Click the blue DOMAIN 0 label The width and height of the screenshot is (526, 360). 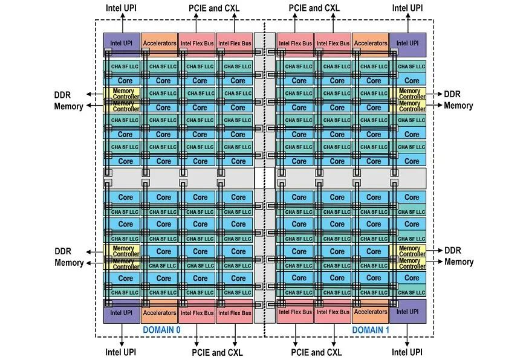(x=161, y=330)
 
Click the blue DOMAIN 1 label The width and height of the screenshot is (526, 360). (x=371, y=330)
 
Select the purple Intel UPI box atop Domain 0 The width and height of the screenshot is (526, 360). (x=121, y=43)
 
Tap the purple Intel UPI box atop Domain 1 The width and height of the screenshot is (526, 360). (x=407, y=43)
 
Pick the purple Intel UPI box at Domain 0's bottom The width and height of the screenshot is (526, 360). (x=121, y=312)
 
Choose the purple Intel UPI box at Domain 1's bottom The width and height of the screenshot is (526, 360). (x=407, y=312)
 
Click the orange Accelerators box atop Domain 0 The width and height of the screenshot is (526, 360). (x=160, y=43)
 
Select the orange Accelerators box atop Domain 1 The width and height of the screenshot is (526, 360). (x=370, y=43)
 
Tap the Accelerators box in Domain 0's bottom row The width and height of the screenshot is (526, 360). (x=160, y=312)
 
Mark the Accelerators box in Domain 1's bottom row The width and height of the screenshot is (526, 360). (x=370, y=312)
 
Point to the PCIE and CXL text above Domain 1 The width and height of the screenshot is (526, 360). (x=314, y=8)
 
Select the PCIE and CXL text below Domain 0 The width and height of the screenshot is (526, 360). (x=217, y=352)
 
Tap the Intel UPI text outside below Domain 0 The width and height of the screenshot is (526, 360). (x=120, y=352)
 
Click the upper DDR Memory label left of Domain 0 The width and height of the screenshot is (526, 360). (x=69, y=100)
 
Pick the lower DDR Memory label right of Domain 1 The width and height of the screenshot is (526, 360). (x=459, y=256)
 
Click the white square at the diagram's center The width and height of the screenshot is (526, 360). (x=260, y=179)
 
